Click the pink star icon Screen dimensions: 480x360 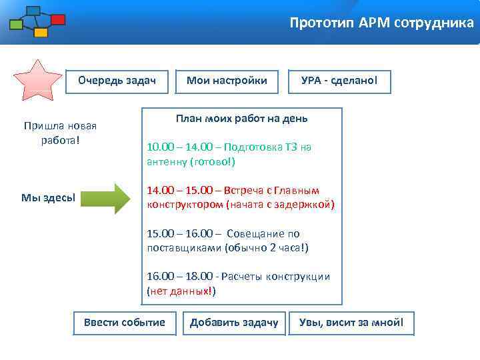[39, 81]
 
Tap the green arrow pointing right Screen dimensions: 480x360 [115, 198]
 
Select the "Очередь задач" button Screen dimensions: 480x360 [117, 81]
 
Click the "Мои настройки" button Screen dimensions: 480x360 [227, 81]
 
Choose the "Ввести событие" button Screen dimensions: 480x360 [124, 323]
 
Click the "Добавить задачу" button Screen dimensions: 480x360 [234, 323]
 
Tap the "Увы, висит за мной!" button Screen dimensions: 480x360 [351, 323]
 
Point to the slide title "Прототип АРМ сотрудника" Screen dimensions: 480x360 [381, 23]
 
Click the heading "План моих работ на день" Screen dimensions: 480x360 [241, 118]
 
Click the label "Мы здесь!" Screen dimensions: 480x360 [47, 197]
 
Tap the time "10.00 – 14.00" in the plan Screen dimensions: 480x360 [173, 147]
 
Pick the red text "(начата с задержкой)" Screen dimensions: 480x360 [281, 204]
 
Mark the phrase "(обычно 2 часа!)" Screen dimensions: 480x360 [267, 248]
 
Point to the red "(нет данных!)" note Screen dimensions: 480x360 [181, 291]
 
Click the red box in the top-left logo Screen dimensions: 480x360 [57, 20]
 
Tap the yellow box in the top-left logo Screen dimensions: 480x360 [41, 32]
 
